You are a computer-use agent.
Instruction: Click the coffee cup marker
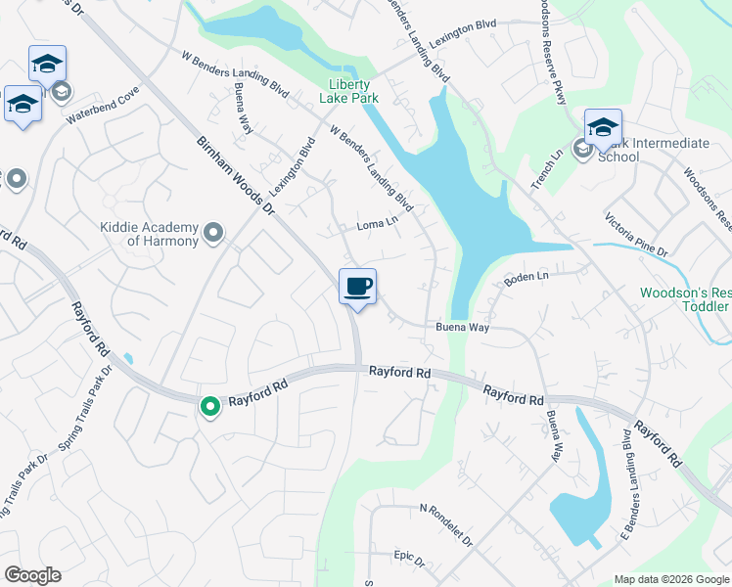[357, 287]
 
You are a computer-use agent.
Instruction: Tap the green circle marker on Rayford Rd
[209, 406]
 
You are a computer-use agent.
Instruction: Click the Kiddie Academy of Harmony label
[150, 234]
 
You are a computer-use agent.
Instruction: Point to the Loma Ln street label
[378, 224]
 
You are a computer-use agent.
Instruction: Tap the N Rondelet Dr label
[445, 524]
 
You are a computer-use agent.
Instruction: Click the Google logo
[32, 575]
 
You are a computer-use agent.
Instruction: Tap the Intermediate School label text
[652, 150]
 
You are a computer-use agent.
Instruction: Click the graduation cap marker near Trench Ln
[603, 128]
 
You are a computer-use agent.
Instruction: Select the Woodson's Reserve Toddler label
[685, 299]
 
